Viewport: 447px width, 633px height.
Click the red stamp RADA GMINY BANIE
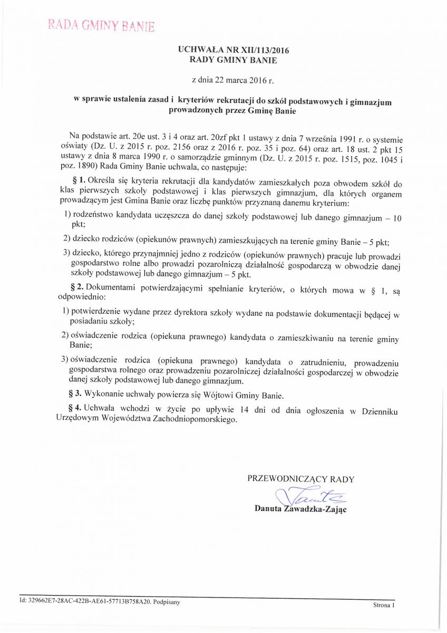[101, 25]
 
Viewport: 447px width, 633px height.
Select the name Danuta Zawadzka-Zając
[300, 509]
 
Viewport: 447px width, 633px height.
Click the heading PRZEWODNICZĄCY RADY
[300, 479]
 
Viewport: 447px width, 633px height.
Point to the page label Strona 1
[384, 606]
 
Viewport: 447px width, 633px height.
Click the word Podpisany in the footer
[167, 601]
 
